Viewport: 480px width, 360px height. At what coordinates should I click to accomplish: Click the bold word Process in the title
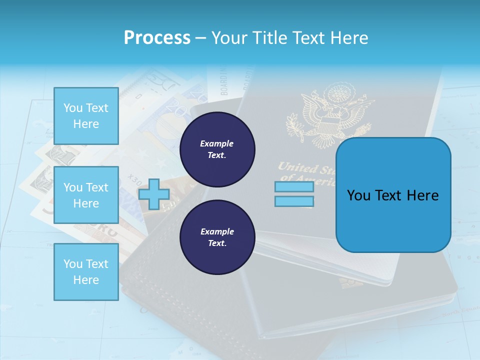point(157,38)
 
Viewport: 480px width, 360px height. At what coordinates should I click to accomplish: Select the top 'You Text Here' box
point(86,116)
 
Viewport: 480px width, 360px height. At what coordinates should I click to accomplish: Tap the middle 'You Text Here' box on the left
point(86,195)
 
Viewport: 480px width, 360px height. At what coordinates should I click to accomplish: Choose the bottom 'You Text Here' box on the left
point(86,272)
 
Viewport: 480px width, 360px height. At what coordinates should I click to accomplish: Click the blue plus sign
point(154,193)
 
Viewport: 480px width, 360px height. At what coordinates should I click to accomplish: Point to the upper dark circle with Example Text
point(217,149)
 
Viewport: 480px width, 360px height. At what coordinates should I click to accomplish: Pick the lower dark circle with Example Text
point(217,237)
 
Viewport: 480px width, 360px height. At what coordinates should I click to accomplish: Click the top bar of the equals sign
point(294,187)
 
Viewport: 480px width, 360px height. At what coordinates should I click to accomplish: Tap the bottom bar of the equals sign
point(294,201)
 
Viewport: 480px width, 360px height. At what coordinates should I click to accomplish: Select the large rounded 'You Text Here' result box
point(393,195)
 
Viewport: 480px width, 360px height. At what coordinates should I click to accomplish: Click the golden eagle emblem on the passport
point(330,112)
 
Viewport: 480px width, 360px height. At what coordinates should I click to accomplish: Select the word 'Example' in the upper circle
point(217,144)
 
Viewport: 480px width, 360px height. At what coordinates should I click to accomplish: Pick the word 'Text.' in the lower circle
point(217,243)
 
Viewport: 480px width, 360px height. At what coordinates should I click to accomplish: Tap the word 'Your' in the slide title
point(229,38)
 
